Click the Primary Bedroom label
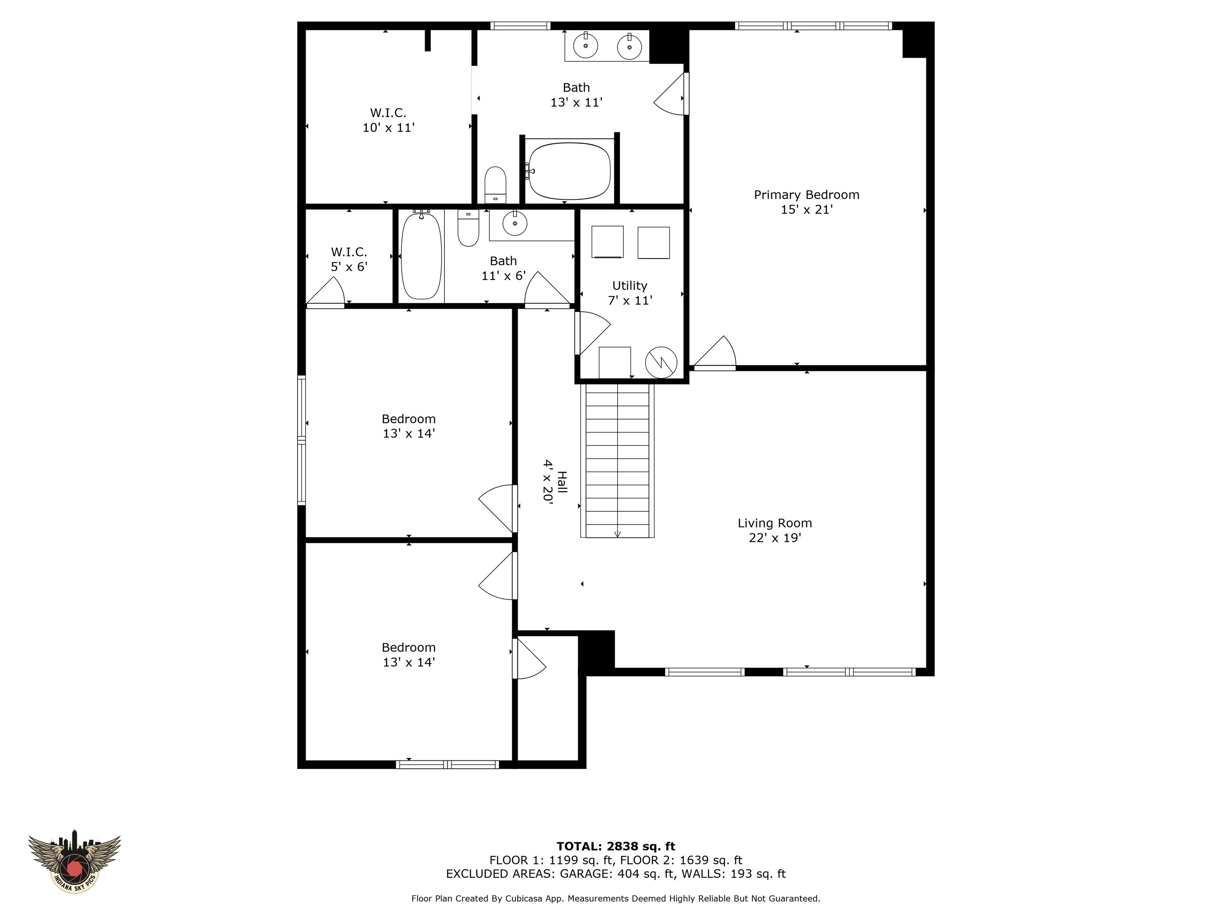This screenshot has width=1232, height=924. (806, 202)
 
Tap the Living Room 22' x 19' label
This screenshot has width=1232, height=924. (774, 530)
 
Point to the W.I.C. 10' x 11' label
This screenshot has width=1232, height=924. (388, 120)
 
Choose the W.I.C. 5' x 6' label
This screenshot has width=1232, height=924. (349, 259)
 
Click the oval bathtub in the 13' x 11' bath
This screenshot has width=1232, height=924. (569, 171)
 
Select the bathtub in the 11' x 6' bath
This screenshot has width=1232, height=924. (421, 256)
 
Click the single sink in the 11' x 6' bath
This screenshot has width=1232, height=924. (515, 223)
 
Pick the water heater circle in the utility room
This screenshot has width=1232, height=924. (661, 363)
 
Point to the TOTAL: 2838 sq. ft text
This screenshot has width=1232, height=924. (616, 847)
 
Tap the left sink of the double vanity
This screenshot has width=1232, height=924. (586, 46)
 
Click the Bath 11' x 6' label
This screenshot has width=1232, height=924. (503, 268)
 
